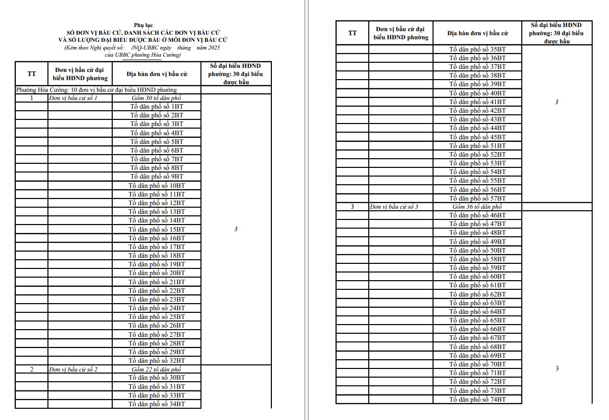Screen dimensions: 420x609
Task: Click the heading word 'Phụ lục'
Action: point(143,25)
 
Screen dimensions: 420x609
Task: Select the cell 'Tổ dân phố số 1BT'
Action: point(157,107)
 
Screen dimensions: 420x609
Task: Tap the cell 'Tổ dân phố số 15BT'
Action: point(157,229)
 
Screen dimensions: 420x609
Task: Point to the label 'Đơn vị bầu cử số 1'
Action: point(73,98)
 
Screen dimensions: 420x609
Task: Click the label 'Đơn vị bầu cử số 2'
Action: point(73,369)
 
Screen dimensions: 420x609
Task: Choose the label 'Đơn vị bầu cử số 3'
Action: point(394,207)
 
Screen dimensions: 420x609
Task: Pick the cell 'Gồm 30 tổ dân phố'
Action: point(157,98)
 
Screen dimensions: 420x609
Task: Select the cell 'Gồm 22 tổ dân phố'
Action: point(157,369)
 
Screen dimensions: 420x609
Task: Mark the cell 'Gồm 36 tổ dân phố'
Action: point(477,207)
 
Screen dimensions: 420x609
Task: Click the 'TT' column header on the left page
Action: point(32,74)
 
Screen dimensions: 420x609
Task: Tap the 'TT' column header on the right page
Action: point(352,33)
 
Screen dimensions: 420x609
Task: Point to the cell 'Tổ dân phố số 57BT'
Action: point(477,198)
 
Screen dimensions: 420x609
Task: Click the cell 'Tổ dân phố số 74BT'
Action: point(477,399)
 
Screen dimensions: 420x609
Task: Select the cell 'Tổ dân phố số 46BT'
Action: point(477,215)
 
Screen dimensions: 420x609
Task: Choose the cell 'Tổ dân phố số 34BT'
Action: point(157,404)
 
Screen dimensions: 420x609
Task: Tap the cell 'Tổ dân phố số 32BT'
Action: point(157,360)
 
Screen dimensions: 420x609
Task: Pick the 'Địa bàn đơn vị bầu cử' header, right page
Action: point(477,33)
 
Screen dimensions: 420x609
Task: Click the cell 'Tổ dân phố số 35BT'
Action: point(477,50)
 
